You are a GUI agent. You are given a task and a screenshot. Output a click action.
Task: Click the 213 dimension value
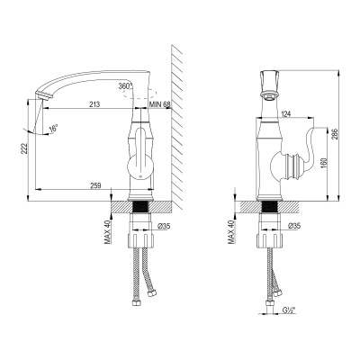(x=94, y=104)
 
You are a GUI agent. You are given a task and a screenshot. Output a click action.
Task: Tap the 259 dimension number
(x=96, y=185)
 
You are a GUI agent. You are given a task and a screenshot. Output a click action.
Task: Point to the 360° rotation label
(x=125, y=86)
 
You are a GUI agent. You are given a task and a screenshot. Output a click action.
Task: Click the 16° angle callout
(x=53, y=128)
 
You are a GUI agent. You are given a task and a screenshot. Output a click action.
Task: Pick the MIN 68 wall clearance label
(x=160, y=104)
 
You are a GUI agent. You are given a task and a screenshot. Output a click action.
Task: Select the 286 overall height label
(x=335, y=135)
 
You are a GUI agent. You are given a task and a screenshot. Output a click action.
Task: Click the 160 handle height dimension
(x=323, y=162)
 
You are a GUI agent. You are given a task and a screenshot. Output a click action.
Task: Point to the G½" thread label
(x=289, y=310)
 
